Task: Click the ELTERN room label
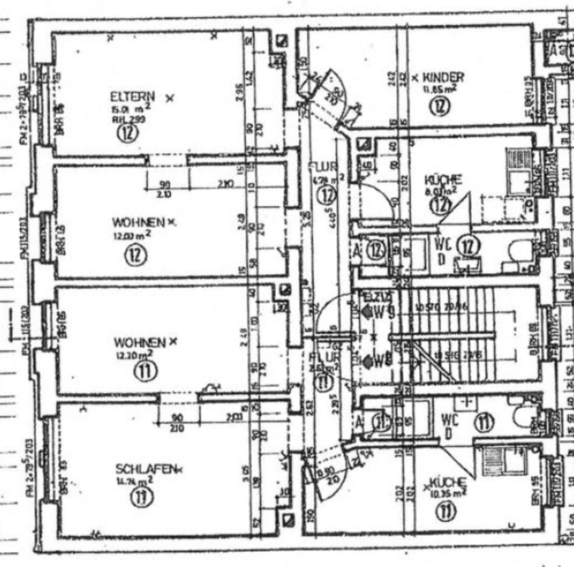pyautogui.click(x=132, y=97)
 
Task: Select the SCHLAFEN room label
pyautogui.click(x=146, y=468)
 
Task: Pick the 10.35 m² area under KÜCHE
pyautogui.click(x=446, y=492)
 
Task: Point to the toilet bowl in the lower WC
pyautogui.click(x=524, y=417)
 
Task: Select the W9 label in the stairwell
pyautogui.click(x=384, y=310)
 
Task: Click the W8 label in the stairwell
pyautogui.click(x=384, y=361)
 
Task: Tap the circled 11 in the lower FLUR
pyautogui.click(x=324, y=381)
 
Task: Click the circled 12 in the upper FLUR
pyautogui.click(x=326, y=195)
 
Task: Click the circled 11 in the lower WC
pyautogui.click(x=484, y=422)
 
